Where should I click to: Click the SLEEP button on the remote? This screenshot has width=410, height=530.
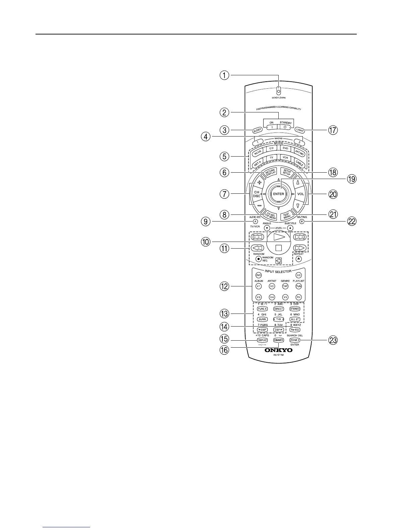pos(257,130)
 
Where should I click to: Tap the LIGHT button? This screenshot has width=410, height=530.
pos(299,129)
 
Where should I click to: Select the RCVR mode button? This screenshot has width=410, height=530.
pos(257,153)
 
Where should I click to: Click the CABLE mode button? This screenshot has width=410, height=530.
pos(299,163)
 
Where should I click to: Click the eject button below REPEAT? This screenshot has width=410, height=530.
pos(299,259)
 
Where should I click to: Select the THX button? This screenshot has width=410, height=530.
pos(278,319)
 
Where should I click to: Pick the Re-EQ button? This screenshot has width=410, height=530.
pos(295,330)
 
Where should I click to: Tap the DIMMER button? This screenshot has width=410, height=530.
pos(278,340)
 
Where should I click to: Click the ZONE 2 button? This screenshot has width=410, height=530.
pos(295,340)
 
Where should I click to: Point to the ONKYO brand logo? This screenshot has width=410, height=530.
pos(278,350)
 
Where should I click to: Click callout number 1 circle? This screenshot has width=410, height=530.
pos(224,75)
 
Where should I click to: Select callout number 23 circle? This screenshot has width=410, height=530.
pos(333,340)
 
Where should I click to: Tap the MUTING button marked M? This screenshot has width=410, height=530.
pos(301,222)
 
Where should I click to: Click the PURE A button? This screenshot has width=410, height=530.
pos(262,309)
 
